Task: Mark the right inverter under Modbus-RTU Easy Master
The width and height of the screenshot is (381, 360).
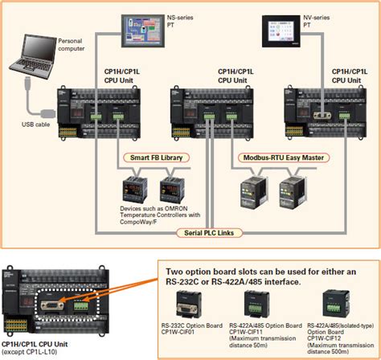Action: (x=290, y=190)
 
